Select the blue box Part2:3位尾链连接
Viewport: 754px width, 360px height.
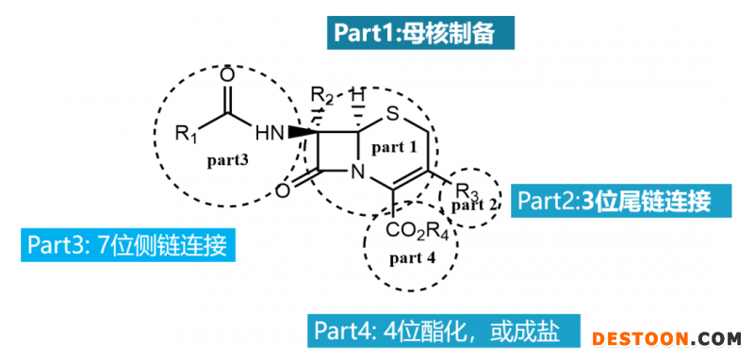pyautogui.click(x=614, y=201)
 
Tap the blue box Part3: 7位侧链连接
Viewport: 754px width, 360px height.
pyautogui.click(x=127, y=246)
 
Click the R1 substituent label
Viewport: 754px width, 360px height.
pyautogui.click(x=186, y=133)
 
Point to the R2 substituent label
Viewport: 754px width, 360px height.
pyautogui.click(x=322, y=95)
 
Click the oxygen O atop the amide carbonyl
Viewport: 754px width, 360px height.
pyautogui.click(x=226, y=74)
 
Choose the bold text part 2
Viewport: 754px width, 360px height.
pyautogui.click(x=473, y=205)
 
